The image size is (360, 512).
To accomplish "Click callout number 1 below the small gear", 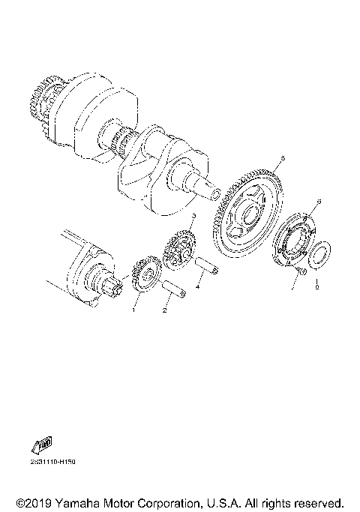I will (x=135, y=307).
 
